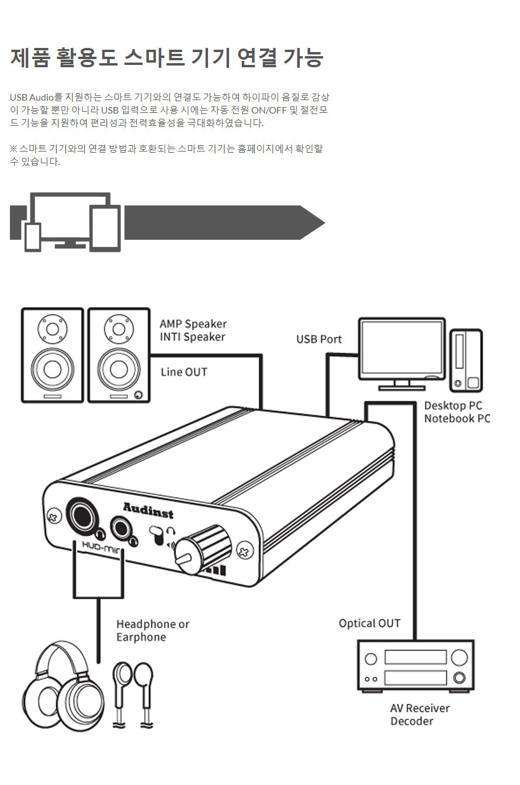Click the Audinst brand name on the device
(148, 510)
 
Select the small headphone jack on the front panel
(122, 528)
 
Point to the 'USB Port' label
(318, 339)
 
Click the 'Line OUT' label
(183, 372)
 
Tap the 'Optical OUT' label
(369, 624)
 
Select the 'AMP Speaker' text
(193, 324)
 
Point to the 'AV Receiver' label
(420, 708)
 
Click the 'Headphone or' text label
(152, 624)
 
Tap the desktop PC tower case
(466, 360)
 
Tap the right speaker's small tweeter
(118, 329)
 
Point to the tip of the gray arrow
(323, 222)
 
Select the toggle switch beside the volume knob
(157, 536)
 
